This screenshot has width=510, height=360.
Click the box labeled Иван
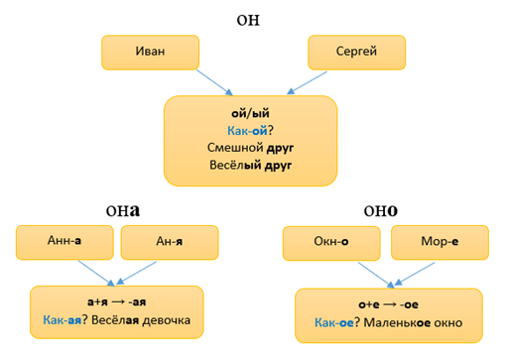pyautogui.click(x=150, y=53)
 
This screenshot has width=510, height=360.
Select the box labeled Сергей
pyautogui.click(x=355, y=53)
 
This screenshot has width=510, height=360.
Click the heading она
pyautogui.click(x=122, y=210)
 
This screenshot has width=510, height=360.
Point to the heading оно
pyautogui.click(x=381, y=210)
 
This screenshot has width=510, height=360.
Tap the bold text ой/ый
pyautogui.click(x=251, y=112)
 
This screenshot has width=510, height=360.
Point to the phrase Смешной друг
pyautogui.click(x=251, y=147)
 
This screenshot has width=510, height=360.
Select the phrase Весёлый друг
pyautogui.click(x=251, y=165)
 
